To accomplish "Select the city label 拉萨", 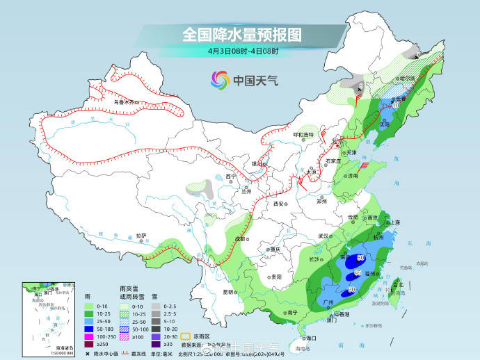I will pos(142,236).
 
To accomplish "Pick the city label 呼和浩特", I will pos(303,134).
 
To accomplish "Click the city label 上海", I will pos(394,222).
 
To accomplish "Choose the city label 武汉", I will pos(324,236).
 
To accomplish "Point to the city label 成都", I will pos(241,238).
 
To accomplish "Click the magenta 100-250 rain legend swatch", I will pos(88,335).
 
